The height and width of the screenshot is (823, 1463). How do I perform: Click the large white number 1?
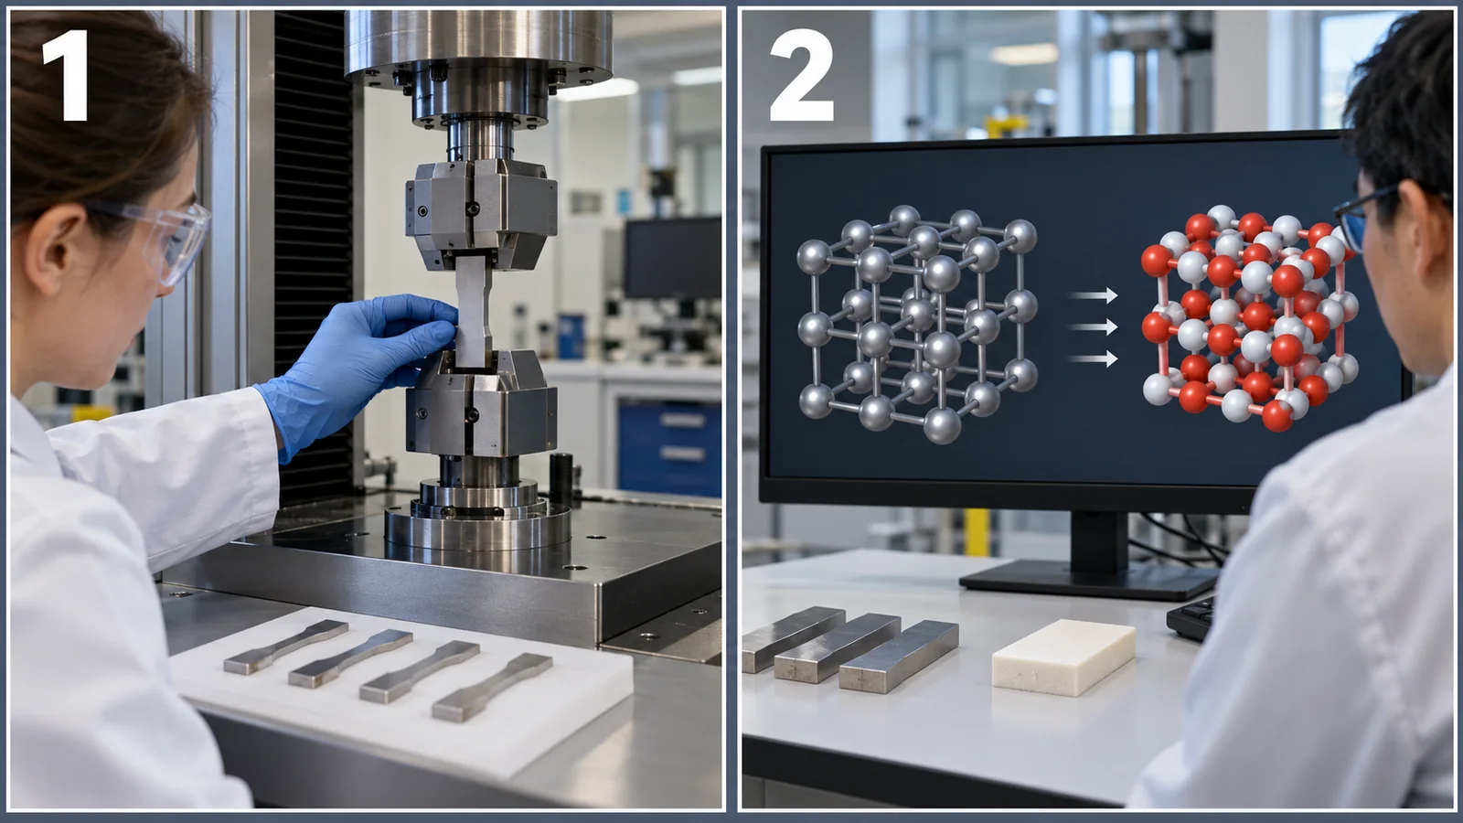point(67,75)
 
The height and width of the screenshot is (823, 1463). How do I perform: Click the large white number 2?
point(801,75)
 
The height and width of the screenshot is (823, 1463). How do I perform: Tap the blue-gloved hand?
point(356,366)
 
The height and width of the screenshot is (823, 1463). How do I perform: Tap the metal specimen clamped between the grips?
point(473,310)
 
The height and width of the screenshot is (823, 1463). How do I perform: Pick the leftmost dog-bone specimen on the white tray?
point(285,647)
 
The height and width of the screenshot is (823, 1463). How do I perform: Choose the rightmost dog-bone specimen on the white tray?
point(492,687)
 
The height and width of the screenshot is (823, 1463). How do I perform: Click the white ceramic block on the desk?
point(1063,657)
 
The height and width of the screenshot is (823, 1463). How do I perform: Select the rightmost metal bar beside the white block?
point(899,656)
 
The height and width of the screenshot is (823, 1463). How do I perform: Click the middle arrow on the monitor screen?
point(1093,326)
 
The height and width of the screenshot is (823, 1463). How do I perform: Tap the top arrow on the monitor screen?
point(1093,295)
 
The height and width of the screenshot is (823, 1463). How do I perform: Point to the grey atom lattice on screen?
point(917,324)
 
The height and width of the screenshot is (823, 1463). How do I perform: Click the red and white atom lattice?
point(1249,318)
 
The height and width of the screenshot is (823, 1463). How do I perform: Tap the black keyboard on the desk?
point(1191,617)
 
